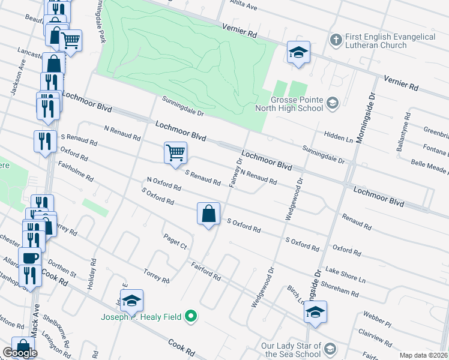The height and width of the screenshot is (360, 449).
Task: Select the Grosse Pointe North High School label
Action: [289, 104]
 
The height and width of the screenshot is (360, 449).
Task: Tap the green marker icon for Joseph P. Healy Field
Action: [191, 316]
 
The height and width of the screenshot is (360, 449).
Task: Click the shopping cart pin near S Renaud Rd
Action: [175, 152]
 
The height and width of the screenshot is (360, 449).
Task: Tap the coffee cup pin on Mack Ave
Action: [29, 258]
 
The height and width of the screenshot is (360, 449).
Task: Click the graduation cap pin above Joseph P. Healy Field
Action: [131, 300]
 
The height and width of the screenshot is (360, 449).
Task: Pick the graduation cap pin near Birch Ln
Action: [315, 311]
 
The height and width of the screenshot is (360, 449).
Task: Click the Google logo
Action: [20, 353]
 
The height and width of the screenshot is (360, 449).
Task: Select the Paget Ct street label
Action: [176, 242]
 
